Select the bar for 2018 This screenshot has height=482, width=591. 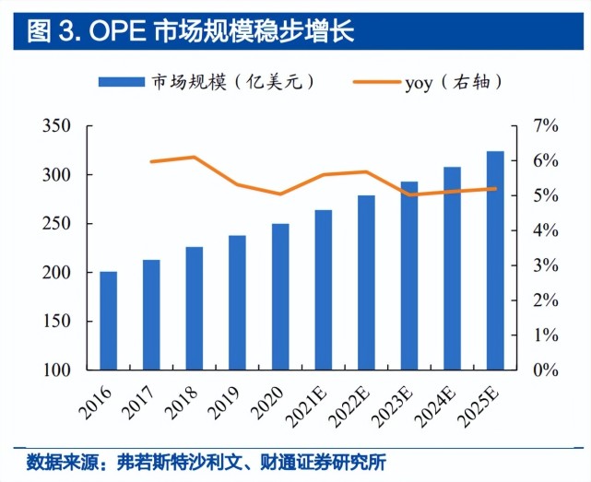(x=195, y=309)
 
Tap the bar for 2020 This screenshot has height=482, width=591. (x=280, y=297)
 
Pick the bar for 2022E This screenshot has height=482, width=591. (x=366, y=283)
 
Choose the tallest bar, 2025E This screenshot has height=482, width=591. (x=495, y=261)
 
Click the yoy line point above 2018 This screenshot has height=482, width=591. (x=195, y=157)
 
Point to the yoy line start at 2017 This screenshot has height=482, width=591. (x=151, y=161)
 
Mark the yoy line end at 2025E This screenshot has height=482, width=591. (x=495, y=189)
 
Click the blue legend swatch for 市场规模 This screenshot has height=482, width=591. (x=122, y=82)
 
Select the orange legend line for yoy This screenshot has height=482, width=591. (x=374, y=82)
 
